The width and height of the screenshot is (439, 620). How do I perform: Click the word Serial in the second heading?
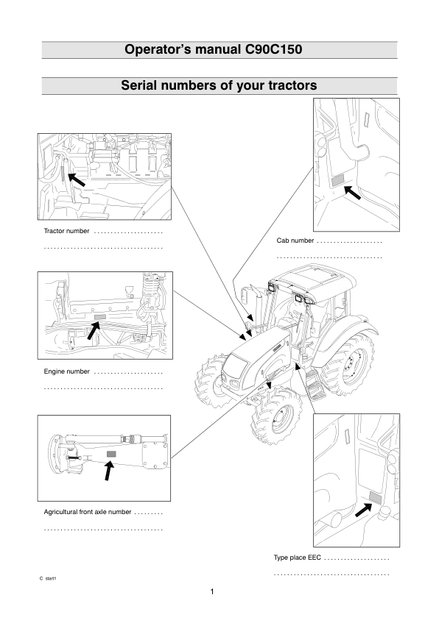pyautogui.click(x=137, y=85)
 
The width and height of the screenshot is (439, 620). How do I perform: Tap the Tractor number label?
pyautogui.click(x=66, y=231)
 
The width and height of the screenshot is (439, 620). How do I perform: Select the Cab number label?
pyautogui.click(x=295, y=240)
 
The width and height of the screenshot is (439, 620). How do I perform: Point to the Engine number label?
pyautogui.click(x=66, y=371)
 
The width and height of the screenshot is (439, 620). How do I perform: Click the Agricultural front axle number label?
pyautogui.click(x=88, y=512)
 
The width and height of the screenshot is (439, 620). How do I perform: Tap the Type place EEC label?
pyautogui.click(x=298, y=557)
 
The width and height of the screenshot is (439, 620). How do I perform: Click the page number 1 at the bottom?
pyautogui.click(x=212, y=592)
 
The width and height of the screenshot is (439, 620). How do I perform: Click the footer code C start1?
pyautogui.click(x=48, y=579)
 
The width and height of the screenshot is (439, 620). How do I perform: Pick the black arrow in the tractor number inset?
pyautogui.click(x=77, y=179)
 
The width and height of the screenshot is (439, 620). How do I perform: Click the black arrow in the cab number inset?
pyautogui.click(x=352, y=192)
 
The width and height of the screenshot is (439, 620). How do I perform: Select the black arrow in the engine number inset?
pyautogui.click(x=93, y=330)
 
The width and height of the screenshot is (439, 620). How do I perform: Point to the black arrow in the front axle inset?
pyautogui.click(x=109, y=471)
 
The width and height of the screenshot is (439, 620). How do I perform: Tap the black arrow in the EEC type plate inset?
pyautogui.click(x=364, y=510)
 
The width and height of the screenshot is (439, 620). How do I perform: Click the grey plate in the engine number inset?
pyautogui.click(x=99, y=317)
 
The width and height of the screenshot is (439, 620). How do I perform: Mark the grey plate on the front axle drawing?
pyautogui.click(x=112, y=454)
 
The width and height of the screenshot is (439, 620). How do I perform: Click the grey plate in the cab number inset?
pyautogui.click(x=337, y=180)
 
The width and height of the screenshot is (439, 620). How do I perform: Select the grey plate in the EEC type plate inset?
pyautogui.click(x=375, y=498)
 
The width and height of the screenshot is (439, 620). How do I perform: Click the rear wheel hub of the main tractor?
pyautogui.click(x=351, y=365)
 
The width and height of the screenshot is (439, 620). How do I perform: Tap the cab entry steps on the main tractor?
pyautogui.click(x=315, y=385)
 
